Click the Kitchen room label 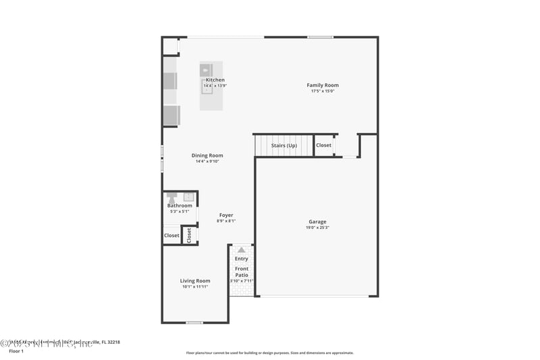pyautogui.click(x=215, y=80)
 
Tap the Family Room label pyautogui.click(x=323, y=85)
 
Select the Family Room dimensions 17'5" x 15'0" pyautogui.click(x=323, y=91)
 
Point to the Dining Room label pyautogui.click(x=208, y=155)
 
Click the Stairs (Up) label pyautogui.click(x=283, y=145)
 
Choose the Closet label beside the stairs pyautogui.click(x=324, y=145)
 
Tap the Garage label pyautogui.click(x=317, y=222)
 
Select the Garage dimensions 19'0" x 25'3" pyautogui.click(x=317, y=228)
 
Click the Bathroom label pyautogui.click(x=180, y=205)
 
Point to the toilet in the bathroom pyautogui.click(x=173, y=197)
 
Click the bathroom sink pyautogui.click(x=188, y=197)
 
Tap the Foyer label pyautogui.click(x=226, y=215)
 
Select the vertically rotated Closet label pyautogui.click(x=190, y=235)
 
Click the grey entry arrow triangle pyautogui.click(x=242, y=250)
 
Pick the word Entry pyautogui.click(x=242, y=259)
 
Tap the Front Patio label pyautogui.click(x=242, y=272)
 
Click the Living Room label pyautogui.click(x=195, y=280)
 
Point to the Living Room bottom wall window pyautogui.click(x=194, y=323)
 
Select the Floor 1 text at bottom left pyautogui.click(x=16, y=351)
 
